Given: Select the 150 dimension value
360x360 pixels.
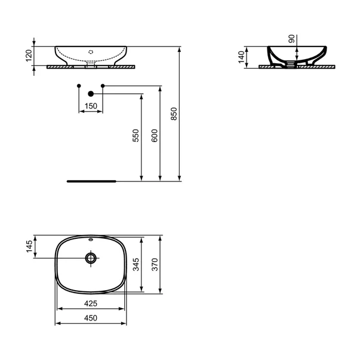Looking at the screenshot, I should [91, 106].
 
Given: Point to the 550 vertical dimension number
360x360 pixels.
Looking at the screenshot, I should [136, 136].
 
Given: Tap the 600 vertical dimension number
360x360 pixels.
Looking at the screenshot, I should [155, 136].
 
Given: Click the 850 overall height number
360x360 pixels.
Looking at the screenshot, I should [174, 114].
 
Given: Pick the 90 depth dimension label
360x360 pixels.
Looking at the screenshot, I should [292, 39].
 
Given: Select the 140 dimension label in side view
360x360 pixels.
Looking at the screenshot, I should [242, 57].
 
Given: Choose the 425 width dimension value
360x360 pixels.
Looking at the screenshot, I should [91, 304].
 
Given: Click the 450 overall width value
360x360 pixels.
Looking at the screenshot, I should [91, 319].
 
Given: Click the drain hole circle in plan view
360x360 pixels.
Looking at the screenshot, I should [91, 258].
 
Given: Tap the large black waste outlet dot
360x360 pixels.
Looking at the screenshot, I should [91, 93].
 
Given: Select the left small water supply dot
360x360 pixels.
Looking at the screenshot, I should [79, 87].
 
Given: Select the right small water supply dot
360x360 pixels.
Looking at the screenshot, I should [103, 87].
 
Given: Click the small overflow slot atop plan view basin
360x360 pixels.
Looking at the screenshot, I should [91, 240].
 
